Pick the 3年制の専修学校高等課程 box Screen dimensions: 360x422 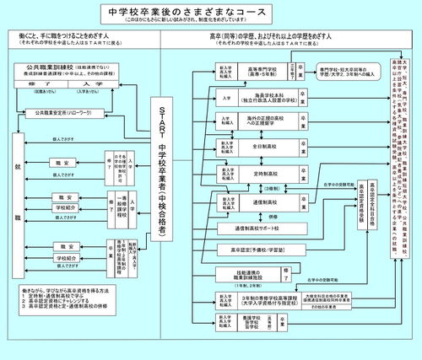coord(250,299)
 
